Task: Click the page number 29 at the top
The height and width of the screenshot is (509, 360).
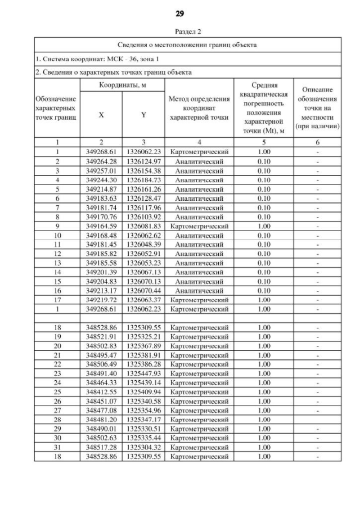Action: coord(179,13)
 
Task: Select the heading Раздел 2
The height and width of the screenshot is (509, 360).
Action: coord(179,32)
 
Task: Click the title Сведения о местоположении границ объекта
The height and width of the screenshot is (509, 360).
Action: coord(187,44)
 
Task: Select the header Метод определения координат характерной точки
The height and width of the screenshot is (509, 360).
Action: coord(199,108)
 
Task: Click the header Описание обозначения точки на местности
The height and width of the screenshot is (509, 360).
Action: coord(318,108)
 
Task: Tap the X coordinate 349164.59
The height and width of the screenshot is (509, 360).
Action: coord(101,227)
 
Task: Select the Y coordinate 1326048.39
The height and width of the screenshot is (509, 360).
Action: coord(143,245)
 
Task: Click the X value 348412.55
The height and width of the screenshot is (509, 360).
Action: coord(101,393)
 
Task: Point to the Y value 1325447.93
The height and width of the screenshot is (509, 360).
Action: coord(143,373)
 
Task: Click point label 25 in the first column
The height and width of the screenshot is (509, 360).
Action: coord(57,393)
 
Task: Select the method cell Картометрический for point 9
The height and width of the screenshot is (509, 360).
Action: coord(199,227)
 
